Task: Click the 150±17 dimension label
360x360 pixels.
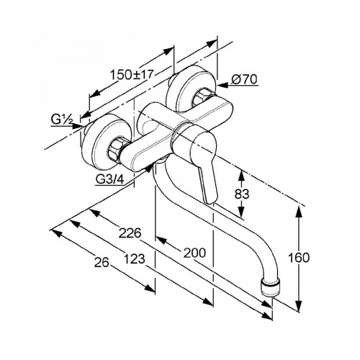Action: click(132, 74)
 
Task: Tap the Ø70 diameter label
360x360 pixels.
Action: click(244, 79)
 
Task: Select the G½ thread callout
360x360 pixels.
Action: click(62, 119)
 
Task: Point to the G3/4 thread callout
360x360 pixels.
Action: click(110, 179)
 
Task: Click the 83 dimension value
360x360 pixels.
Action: click(242, 194)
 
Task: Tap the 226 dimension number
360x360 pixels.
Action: click(130, 233)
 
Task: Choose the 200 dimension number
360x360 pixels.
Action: click(194, 253)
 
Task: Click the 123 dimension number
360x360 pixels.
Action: click(135, 259)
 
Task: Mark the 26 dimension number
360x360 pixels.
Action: click(102, 263)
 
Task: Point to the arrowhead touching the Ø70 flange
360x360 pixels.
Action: click(222, 84)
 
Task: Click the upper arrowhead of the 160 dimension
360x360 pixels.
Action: click(299, 212)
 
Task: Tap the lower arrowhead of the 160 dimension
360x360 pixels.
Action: click(299, 306)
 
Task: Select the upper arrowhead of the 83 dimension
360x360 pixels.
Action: click(241, 176)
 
